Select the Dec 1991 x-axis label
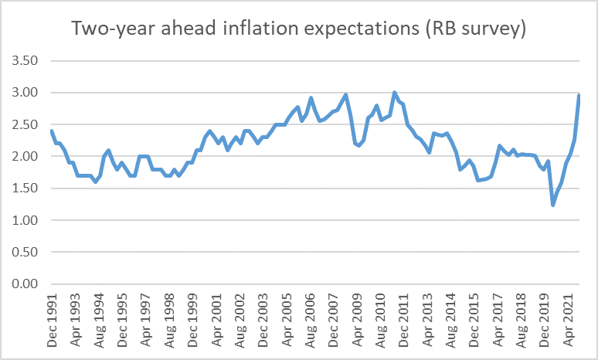(x=52, y=318)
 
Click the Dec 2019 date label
(x=545, y=318)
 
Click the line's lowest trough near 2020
(x=552, y=205)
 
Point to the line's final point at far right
(x=579, y=95)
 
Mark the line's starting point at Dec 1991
(x=51, y=131)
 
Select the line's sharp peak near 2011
(x=394, y=93)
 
